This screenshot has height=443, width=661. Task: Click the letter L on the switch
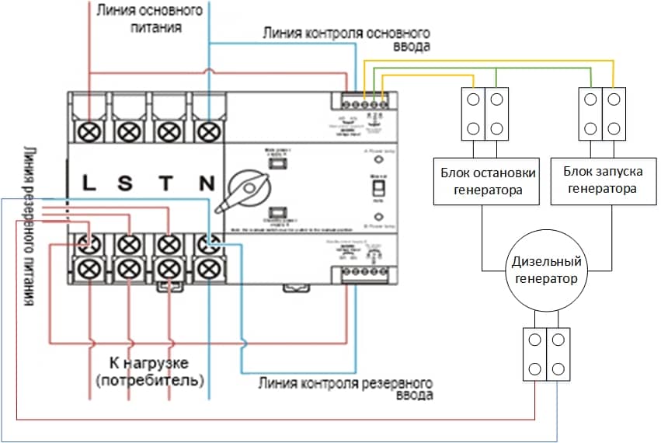(x=89, y=183)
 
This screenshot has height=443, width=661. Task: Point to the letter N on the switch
(x=206, y=183)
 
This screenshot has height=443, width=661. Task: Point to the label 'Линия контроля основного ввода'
(x=346, y=40)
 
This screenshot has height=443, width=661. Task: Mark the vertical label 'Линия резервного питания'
(x=29, y=226)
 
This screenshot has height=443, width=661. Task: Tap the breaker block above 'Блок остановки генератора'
(x=482, y=114)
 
